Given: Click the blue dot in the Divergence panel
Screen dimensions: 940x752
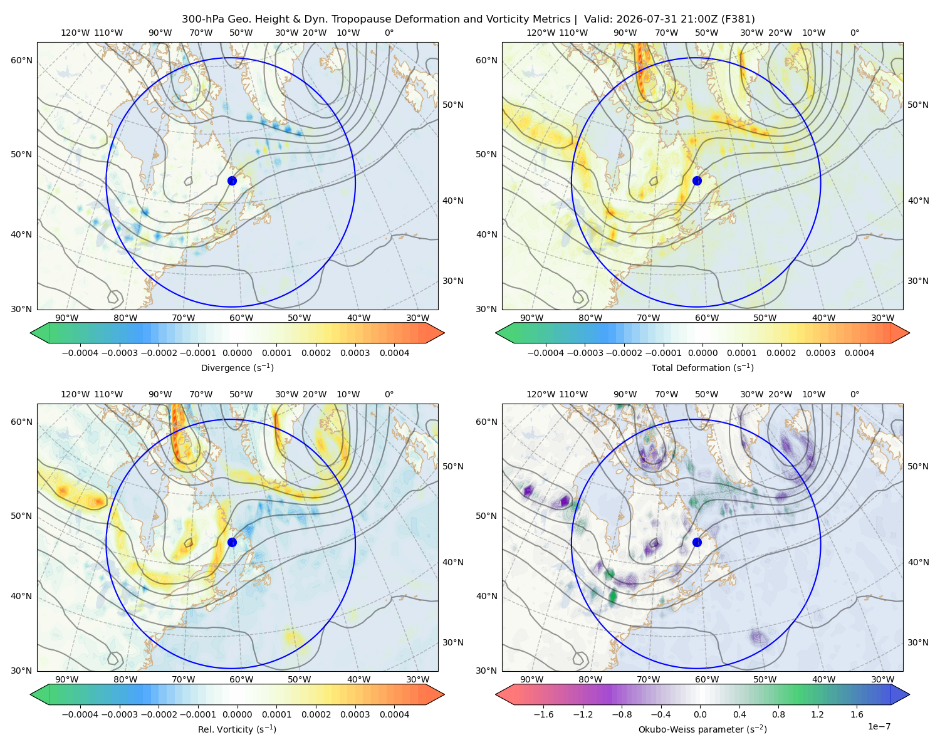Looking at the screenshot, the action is click(x=232, y=180).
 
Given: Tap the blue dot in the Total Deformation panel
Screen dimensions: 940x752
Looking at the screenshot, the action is click(x=697, y=180).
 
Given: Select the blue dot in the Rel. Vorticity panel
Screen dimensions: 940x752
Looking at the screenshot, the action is click(x=232, y=542).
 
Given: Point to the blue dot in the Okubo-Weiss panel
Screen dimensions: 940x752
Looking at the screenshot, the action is click(x=697, y=542).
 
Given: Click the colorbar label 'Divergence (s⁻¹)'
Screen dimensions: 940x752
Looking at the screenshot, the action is click(x=237, y=367).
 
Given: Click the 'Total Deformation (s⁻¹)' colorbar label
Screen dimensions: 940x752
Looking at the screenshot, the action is click(x=702, y=367).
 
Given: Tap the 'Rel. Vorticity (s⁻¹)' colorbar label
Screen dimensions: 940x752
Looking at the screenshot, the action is click(x=237, y=729).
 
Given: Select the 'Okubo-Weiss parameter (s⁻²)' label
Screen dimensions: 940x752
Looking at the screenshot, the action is click(x=702, y=729).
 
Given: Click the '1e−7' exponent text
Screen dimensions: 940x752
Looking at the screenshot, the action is click(x=879, y=726).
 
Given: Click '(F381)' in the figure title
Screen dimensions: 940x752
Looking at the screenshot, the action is click(x=738, y=19).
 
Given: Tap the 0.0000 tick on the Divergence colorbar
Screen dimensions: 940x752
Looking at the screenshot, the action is click(x=237, y=353).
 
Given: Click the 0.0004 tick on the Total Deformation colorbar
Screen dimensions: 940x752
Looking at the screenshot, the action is click(x=859, y=353).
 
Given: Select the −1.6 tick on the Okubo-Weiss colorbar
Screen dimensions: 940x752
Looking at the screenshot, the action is click(x=543, y=714).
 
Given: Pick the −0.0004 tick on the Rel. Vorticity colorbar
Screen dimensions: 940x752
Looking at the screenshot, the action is click(x=80, y=714).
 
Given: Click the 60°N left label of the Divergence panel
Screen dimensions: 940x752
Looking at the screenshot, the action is click(x=21, y=60).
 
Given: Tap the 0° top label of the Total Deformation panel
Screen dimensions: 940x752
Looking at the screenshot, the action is click(x=854, y=33).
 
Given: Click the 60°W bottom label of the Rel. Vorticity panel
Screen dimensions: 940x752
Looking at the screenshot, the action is click(x=241, y=679).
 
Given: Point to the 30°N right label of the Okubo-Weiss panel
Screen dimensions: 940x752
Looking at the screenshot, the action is click(x=917, y=642).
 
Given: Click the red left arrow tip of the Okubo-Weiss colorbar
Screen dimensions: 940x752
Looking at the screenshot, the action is click(x=496, y=694).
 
